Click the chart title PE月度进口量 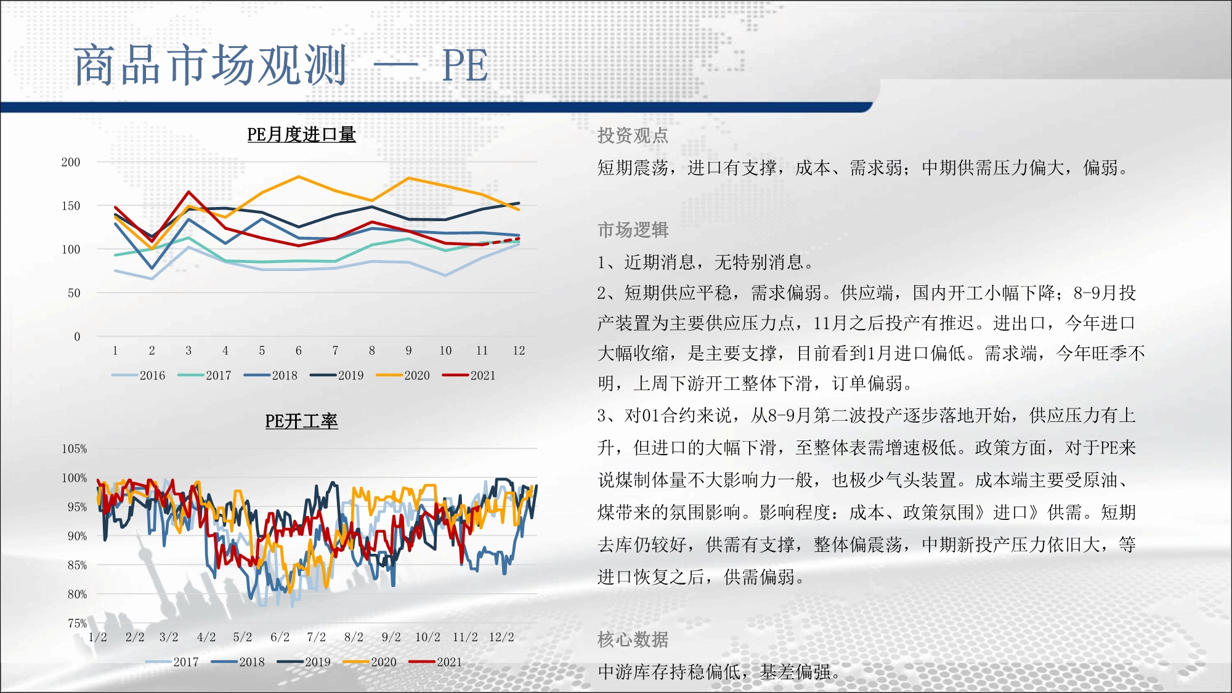301,134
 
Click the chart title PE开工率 301,421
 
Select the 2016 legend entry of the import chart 139,375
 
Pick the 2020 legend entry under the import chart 403,375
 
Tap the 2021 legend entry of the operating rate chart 436,662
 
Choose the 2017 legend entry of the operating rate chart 172,662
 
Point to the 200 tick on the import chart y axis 71,162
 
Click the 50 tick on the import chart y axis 74,293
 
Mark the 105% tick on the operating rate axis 74,449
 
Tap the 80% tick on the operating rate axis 77,594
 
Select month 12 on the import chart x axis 519,351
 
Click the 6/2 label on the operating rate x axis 280,637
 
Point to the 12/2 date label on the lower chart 501,637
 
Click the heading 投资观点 633,136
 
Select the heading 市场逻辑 633,230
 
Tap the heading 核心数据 633,639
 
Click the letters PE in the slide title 465,65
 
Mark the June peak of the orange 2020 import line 299,177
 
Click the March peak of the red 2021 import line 188,192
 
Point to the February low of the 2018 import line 152,269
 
